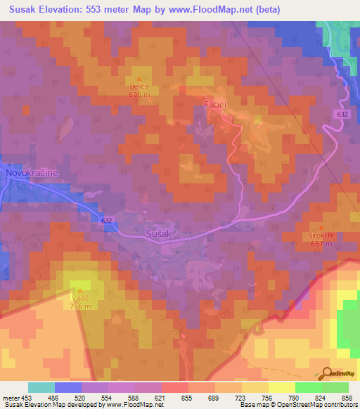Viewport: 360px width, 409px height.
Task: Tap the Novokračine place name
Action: pos(30,172)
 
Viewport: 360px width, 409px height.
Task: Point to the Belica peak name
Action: pos(139,86)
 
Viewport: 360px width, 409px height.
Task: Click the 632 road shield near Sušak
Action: pos(106,221)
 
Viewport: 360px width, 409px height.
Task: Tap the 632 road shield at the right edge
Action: pos(340,113)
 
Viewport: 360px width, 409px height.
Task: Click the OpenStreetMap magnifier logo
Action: pos(326,372)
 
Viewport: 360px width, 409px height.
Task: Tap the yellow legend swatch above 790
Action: pos(281,387)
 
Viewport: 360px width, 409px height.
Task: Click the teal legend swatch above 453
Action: pos(41,387)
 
